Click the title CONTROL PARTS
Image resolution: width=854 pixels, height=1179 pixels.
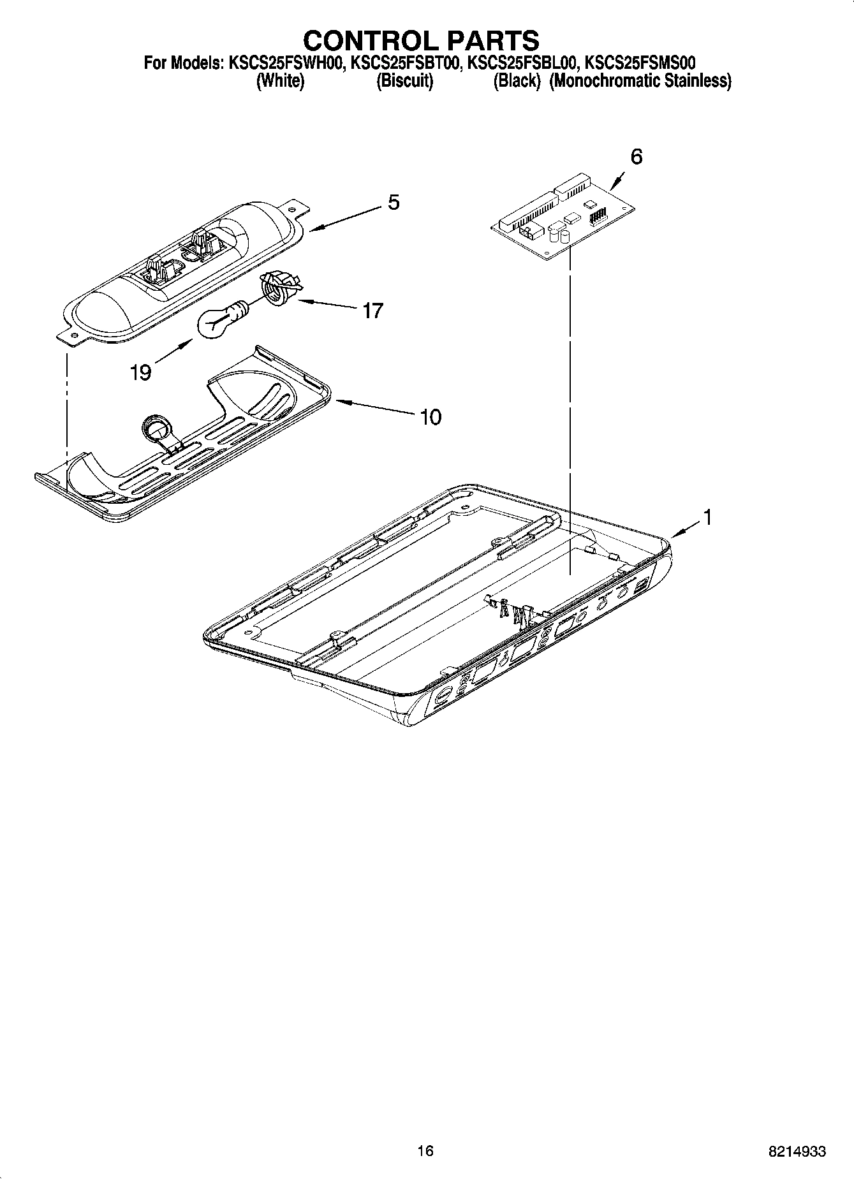coord(421,40)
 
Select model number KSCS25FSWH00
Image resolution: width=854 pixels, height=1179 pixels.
coord(284,63)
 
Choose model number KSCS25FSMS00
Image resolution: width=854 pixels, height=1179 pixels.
coord(640,63)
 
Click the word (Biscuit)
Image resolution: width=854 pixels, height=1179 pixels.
coord(405,82)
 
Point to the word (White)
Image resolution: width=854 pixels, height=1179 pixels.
coord(280,82)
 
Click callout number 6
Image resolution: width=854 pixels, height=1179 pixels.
coord(636,156)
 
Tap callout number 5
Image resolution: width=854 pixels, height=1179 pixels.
coord(394,203)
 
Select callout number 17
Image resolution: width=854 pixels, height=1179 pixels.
coord(372,311)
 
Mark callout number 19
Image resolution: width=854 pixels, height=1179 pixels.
coord(140,372)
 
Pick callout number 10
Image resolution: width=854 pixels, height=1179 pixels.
coord(431,417)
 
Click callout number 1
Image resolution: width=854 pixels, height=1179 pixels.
coord(706,517)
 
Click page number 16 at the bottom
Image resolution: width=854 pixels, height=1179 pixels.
coord(425,1150)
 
